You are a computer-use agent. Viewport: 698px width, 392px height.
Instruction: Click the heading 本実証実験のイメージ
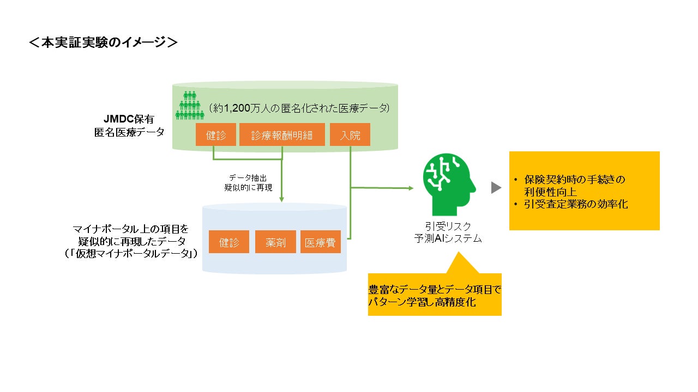coord(104,42)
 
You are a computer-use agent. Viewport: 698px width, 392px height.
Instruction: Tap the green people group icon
coord(188,106)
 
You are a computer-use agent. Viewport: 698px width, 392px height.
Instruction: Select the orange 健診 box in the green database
coord(216,135)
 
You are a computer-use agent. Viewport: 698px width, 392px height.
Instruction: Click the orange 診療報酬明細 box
coord(282,135)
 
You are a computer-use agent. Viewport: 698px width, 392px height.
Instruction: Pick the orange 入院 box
coord(350,135)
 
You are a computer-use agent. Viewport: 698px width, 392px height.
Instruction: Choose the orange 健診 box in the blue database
coord(229,242)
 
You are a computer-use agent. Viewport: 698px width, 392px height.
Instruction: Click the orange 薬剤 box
coord(275,242)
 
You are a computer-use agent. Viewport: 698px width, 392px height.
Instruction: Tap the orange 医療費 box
coord(321,242)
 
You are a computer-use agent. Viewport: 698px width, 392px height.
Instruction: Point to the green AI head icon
coord(449,184)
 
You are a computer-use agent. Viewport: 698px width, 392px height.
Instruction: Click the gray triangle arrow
coord(496,188)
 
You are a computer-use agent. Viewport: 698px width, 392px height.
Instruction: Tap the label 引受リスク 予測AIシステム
coord(448,232)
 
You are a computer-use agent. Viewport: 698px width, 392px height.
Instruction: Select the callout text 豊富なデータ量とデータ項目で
coord(435,290)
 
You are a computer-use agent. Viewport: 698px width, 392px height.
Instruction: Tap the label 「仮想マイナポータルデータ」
coord(131,253)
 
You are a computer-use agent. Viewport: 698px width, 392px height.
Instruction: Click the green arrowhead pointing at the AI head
coord(411,188)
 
